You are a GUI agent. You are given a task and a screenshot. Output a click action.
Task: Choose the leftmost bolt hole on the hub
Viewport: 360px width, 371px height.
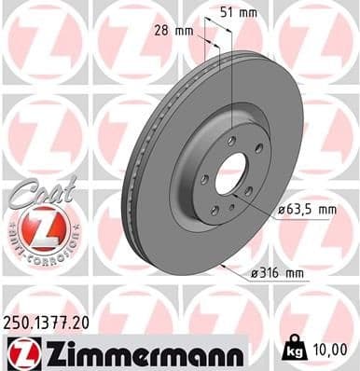coord(204,178)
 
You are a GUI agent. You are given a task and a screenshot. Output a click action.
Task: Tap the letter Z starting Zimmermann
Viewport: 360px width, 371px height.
coord(46,352)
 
